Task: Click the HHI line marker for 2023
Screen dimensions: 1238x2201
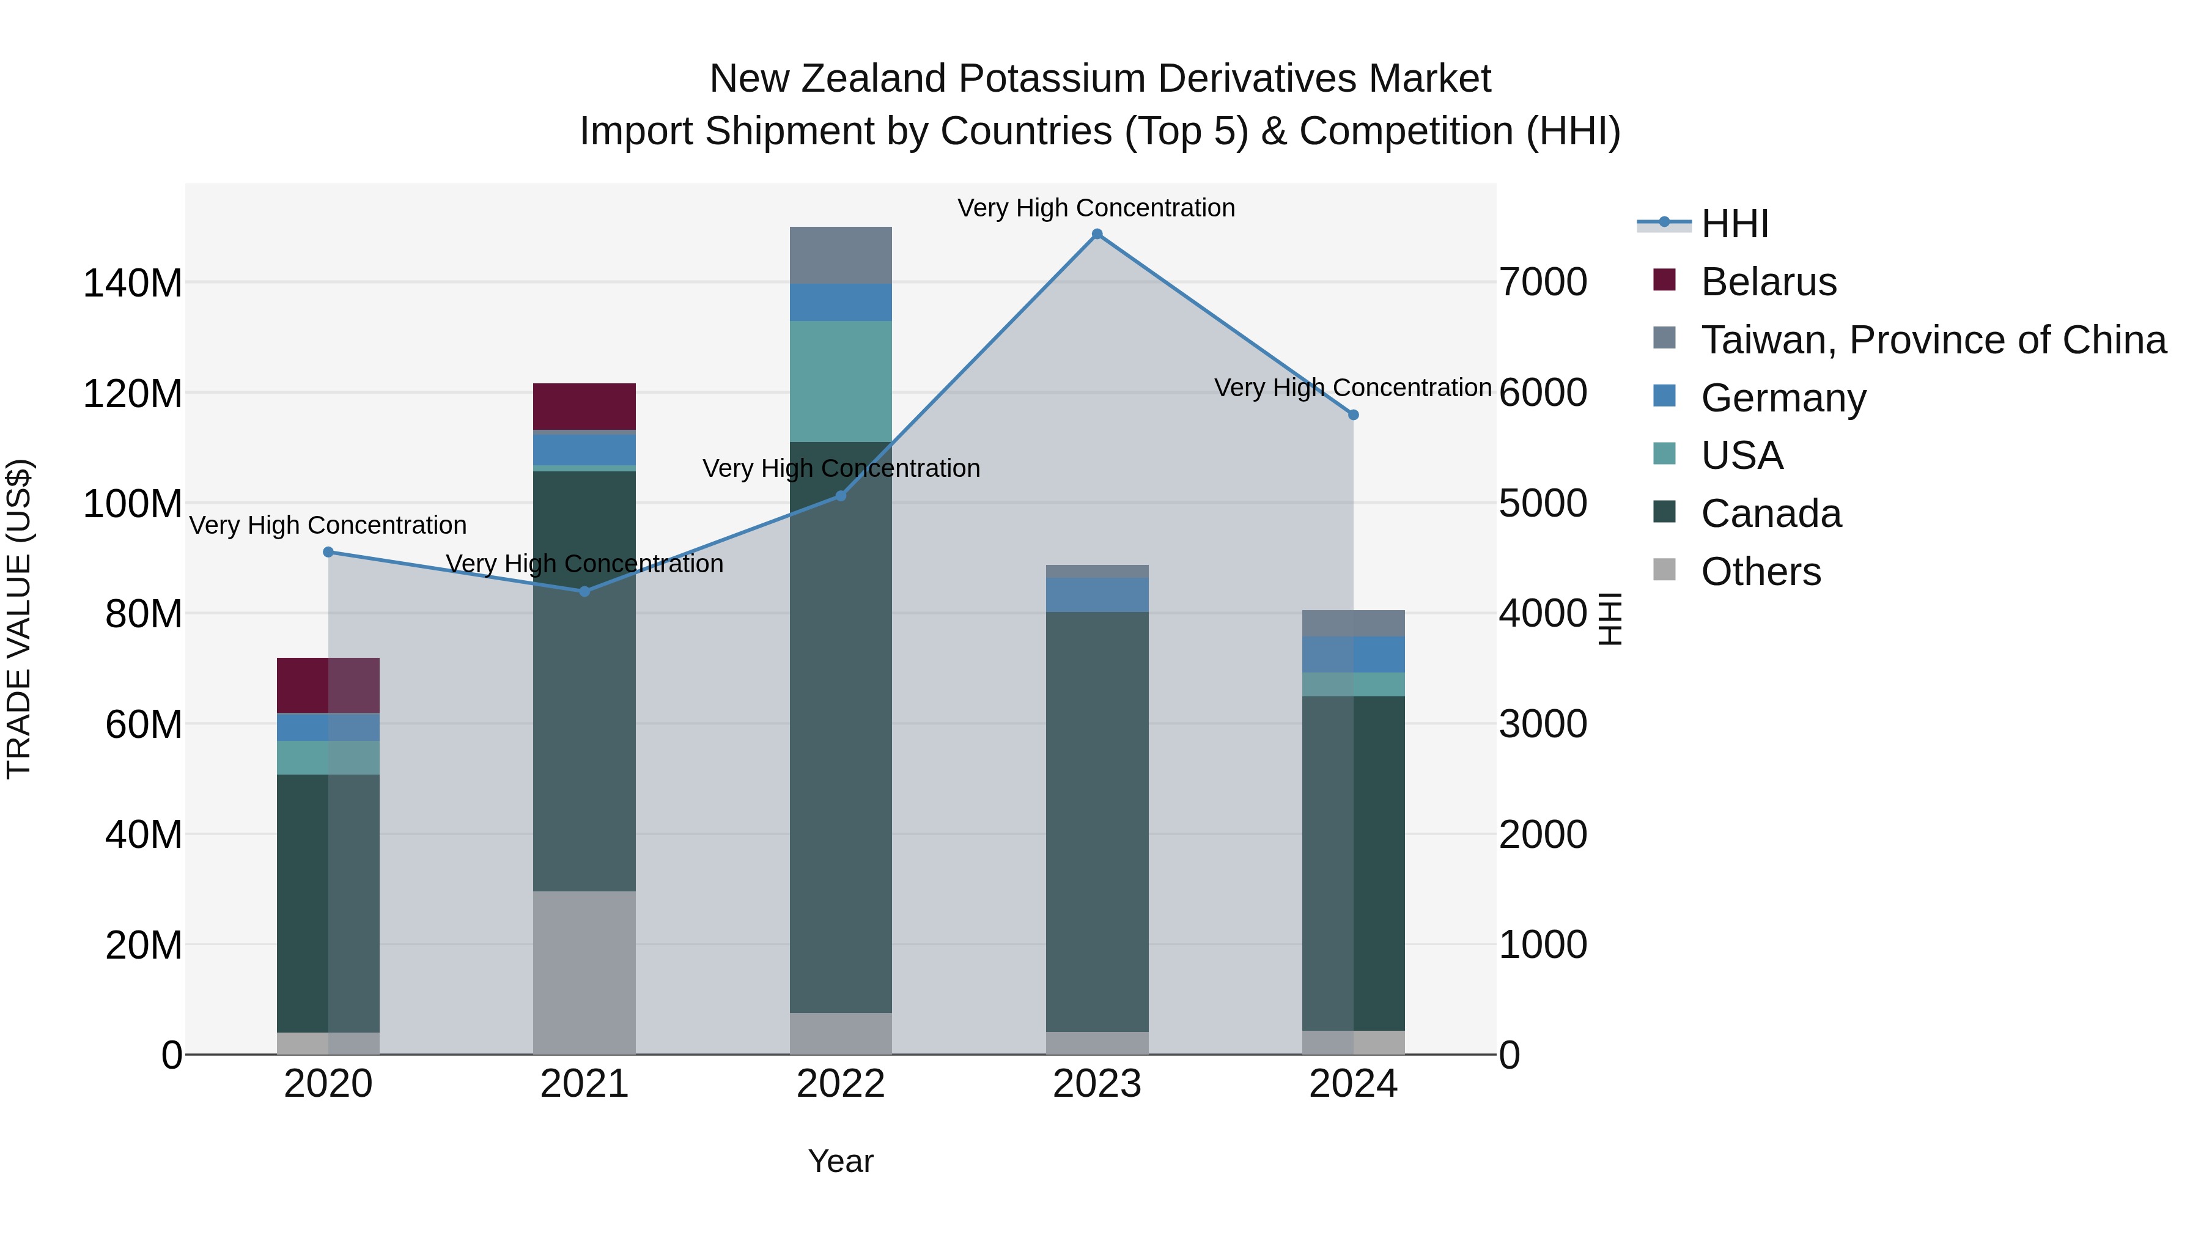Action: click(1097, 234)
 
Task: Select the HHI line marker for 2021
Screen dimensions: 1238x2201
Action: click(584, 591)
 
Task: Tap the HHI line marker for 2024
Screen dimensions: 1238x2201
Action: click(1354, 415)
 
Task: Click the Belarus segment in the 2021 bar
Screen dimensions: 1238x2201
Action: click(584, 406)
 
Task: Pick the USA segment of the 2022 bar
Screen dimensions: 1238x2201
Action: click(841, 381)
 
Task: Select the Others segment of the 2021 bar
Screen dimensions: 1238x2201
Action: click(584, 972)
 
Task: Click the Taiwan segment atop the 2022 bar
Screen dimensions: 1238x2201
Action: click(841, 254)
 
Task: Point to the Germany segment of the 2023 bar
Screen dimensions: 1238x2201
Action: click(1097, 595)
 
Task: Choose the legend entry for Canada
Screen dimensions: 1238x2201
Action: click(1771, 514)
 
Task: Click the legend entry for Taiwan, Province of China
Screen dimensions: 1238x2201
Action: click(1933, 340)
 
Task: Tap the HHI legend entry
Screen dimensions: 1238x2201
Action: click(1735, 224)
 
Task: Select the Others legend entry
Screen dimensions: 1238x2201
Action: click(1760, 572)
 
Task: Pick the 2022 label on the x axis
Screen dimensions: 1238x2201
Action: click(841, 1084)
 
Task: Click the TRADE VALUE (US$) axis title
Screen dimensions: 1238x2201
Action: click(19, 619)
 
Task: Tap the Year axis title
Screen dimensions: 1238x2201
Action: click(841, 1161)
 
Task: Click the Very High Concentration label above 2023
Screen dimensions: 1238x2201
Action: click(1096, 208)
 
